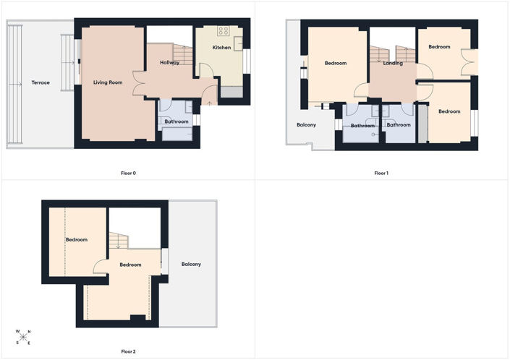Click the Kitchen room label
click(x=221, y=48)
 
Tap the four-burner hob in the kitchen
click(x=224, y=31)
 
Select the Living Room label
click(x=108, y=82)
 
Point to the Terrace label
click(x=41, y=82)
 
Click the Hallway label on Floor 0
click(x=170, y=62)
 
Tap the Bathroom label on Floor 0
click(x=177, y=121)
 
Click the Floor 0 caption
click(x=129, y=173)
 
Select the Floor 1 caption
click(x=381, y=173)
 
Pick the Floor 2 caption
click(x=129, y=351)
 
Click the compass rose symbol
click(x=23, y=338)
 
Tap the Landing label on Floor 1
click(x=393, y=63)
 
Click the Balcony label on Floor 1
click(x=307, y=125)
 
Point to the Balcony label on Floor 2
click(x=191, y=264)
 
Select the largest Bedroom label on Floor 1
click(x=336, y=63)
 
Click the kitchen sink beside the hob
click(x=239, y=43)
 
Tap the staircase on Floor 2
click(x=119, y=241)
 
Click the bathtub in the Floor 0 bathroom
click(x=177, y=134)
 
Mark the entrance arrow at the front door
click(x=210, y=103)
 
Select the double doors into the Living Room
click(x=139, y=83)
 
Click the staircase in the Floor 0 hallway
click(x=183, y=54)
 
